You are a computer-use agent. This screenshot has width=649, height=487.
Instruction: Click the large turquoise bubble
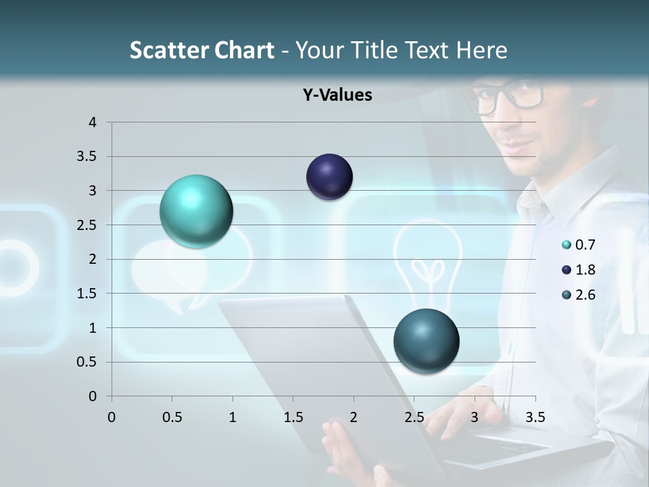click(x=196, y=211)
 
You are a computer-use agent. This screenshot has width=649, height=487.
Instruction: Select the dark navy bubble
click(x=329, y=177)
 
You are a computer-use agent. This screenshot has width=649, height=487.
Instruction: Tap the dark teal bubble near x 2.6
click(x=426, y=341)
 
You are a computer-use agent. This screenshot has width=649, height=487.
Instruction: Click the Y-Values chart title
click(x=337, y=95)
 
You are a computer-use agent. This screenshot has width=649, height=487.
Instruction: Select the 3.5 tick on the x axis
click(x=535, y=417)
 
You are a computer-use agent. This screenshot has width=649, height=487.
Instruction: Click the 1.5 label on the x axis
click(x=293, y=417)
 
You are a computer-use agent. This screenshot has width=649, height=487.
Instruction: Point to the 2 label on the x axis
click(x=354, y=417)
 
